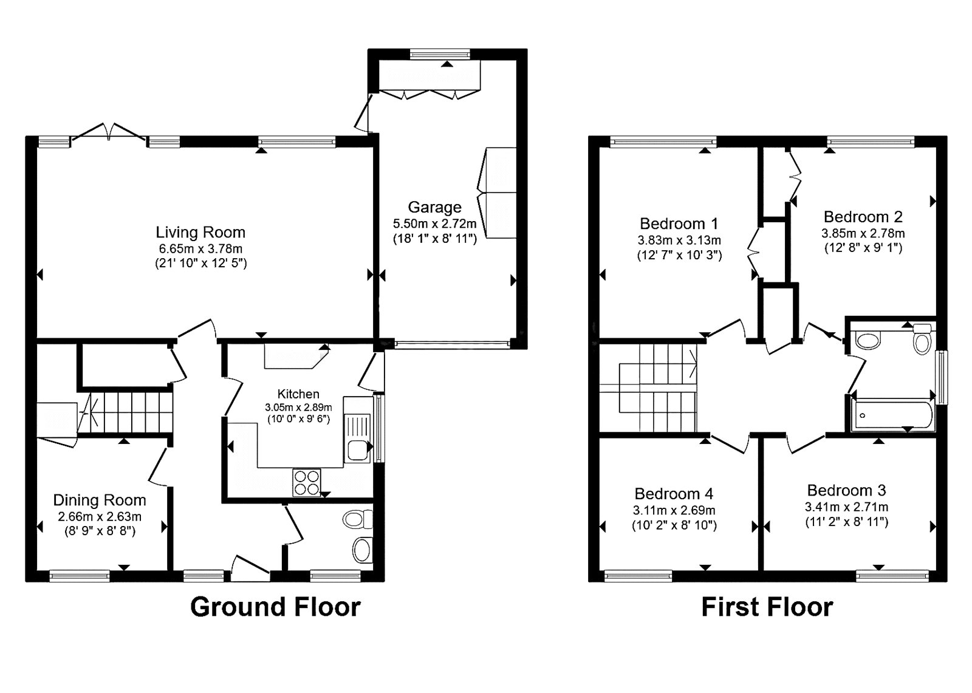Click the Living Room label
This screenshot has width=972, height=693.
pyautogui.click(x=200, y=233)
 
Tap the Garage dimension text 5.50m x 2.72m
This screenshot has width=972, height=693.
pyautogui.click(x=434, y=224)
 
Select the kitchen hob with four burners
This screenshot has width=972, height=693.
pyautogui.click(x=307, y=482)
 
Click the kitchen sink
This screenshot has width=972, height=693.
pyautogui.click(x=358, y=437)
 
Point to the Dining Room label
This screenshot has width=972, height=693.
pyautogui.click(x=100, y=500)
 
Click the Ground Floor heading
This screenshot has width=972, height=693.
pyautogui.click(x=276, y=607)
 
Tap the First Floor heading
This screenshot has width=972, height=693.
pyautogui.click(x=767, y=607)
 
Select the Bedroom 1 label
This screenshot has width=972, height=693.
pyautogui.click(x=679, y=224)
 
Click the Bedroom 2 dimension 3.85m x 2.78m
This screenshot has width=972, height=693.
pyautogui.click(x=863, y=233)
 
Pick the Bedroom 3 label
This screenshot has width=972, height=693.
pyautogui.click(x=846, y=491)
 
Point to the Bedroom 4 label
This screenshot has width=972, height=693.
pyautogui.click(x=674, y=494)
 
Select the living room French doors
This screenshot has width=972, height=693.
pyautogui.click(x=109, y=132)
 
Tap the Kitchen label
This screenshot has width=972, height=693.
pyautogui.click(x=298, y=394)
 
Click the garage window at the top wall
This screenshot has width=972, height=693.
pyautogui.click(x=440, y=54)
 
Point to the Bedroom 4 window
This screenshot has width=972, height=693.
pyautogui.click(x=638, y=576)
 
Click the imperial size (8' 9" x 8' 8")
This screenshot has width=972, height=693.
pyautogui.click(x=100, y=531)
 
